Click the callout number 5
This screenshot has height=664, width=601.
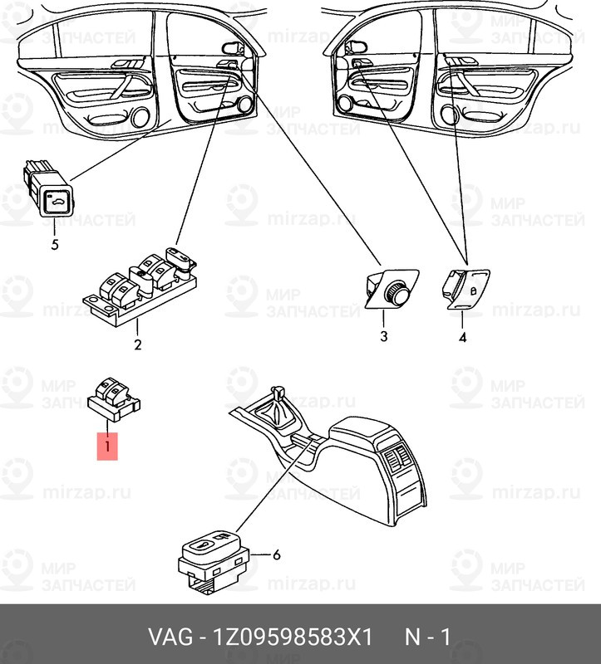[55, 245]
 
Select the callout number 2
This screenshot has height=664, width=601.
[138, 344]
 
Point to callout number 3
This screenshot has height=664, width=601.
[384, 337]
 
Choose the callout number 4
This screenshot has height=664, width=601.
[462, 337]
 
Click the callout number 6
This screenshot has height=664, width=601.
[276, 554]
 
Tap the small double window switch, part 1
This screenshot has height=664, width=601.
[113, 393]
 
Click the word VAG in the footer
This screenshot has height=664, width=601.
[170, 637]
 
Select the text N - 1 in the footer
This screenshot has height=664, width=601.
[427, 637]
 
